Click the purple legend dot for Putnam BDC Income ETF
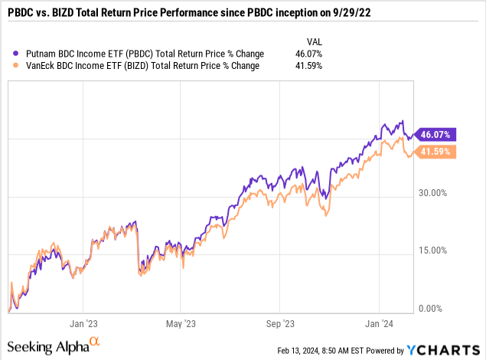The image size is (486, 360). coord(18,54)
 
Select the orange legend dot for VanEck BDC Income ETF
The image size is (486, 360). coord(18,66)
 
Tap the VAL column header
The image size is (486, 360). coord(313,41)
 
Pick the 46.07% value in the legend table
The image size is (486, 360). coord(308,54)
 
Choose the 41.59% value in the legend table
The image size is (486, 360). coord(308,66)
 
